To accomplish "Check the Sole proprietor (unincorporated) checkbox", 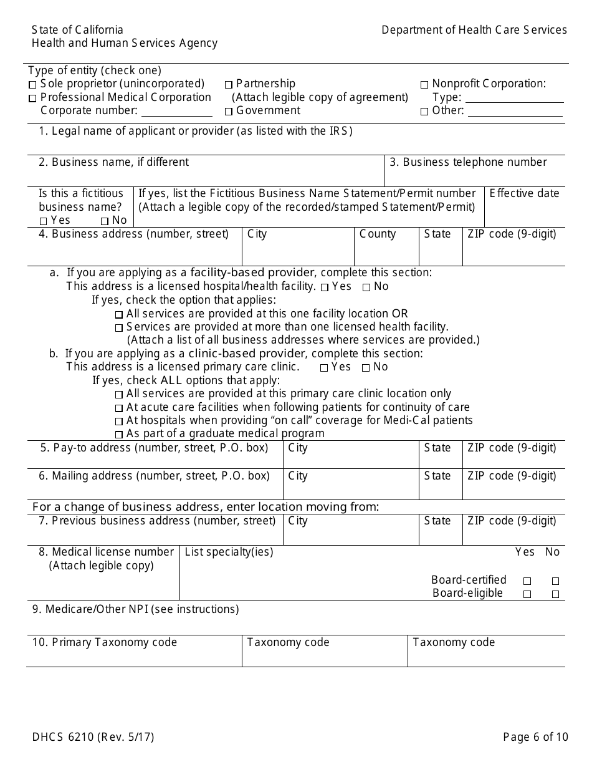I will (32, 85).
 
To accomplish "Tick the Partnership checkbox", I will (229, 85).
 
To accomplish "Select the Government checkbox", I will (229, 112).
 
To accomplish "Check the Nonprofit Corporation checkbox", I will (424, 85).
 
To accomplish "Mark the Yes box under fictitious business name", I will (44, 221).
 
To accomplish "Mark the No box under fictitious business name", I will (105, 221).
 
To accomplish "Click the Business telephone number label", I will (468, 162).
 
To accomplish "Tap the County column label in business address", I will (377, 234).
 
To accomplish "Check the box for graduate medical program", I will (119, 435).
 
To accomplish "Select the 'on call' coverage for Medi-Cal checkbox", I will (119, 422).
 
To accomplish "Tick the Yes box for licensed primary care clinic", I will (324, 368).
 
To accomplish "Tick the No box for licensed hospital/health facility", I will (366, 287).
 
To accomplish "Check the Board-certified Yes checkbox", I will (527, 581).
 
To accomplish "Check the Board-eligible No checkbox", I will (555, 594).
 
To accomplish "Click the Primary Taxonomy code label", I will (105, 642).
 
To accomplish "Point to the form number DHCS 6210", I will (93, 737).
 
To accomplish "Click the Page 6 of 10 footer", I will (535, 737).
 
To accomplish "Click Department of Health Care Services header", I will (474, 30).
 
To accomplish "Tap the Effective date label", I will (524, 193).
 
